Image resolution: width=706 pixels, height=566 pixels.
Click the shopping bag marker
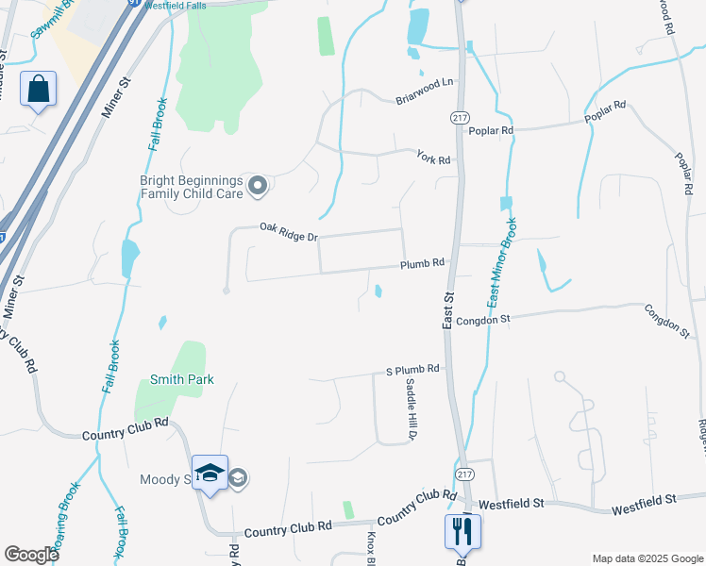tap(38, 90)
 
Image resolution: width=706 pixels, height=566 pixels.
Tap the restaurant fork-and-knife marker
tap(462, 531)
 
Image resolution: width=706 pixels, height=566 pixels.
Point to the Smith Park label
tap(182, 380)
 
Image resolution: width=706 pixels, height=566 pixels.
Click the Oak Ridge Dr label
tap(288, 229)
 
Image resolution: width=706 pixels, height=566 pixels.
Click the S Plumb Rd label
tap(413, 370)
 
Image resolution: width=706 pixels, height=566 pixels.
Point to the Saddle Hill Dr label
tap(411, 409)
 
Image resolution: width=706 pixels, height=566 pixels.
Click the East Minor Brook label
tap(503, 263)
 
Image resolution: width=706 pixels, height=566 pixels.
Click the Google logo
tap(31, 555)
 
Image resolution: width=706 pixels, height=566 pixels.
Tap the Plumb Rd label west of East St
tap(422, 264)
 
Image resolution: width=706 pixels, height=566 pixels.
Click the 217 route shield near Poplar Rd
tap(460, 118)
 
